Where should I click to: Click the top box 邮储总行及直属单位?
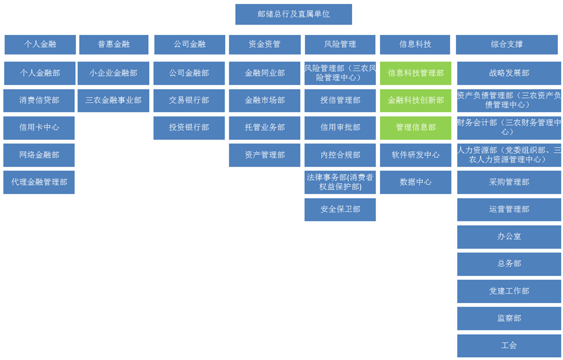(294, 14)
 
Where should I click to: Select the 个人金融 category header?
(40, 45)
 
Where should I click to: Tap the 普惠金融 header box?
(114, 45)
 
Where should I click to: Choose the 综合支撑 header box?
(507, 45)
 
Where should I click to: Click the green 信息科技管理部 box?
(416, 73)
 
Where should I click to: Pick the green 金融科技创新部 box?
(416, 100)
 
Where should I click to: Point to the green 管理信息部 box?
(416, 128)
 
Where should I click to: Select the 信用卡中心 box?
(39, 128)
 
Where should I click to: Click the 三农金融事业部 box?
(114, 100)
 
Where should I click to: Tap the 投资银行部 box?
(189, 128)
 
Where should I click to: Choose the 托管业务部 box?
(265, 128)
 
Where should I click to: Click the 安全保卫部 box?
(340, 210)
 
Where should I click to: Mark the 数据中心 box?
(416, 183)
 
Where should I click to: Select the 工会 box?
(509, 346)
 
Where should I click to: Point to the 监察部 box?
(509, 318)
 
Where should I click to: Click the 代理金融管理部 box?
(39, 183)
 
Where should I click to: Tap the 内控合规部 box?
(340, 155)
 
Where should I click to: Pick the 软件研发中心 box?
(416, 155)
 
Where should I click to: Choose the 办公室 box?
(509, 237)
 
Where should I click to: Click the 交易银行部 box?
(189, 100)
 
